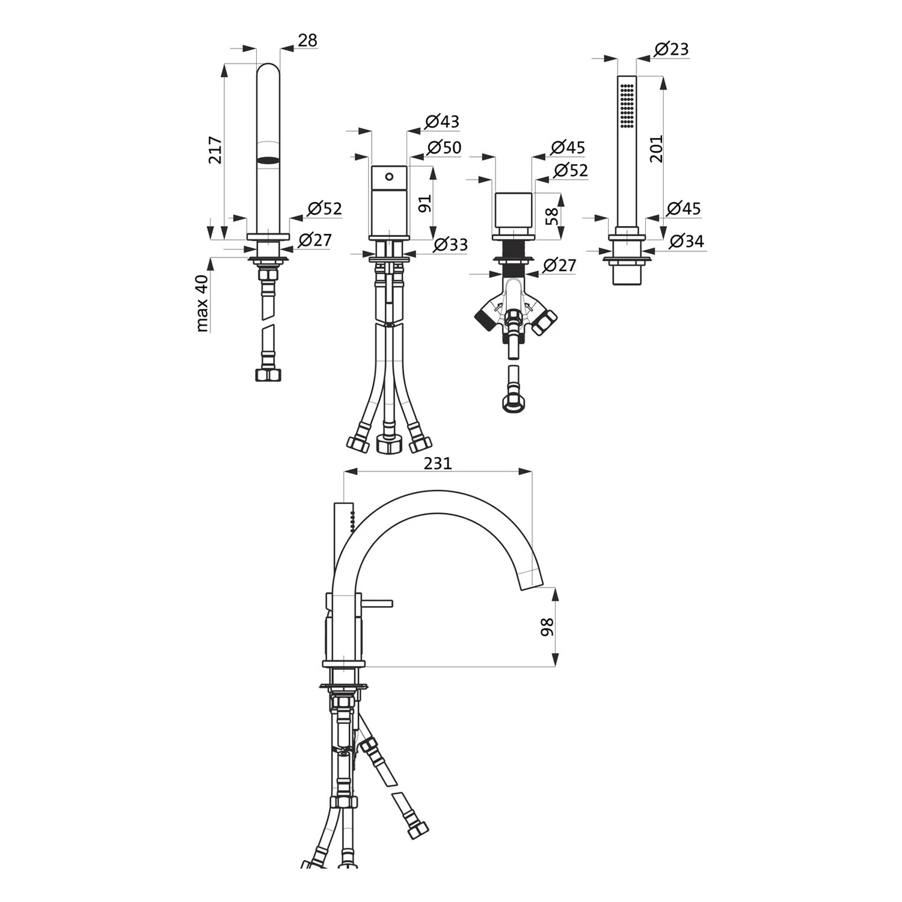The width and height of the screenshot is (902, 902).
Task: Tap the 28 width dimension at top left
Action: pos(307,40)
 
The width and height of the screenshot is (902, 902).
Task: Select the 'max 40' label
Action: pos(203,303)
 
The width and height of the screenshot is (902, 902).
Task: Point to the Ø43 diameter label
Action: pos(442,121)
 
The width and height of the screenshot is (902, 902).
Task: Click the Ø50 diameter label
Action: pos(444,147)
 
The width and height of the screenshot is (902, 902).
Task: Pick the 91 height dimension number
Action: pos(425,203)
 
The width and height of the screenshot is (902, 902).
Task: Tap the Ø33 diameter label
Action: pos(450,245)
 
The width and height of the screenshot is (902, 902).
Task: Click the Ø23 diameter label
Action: pos(670,49)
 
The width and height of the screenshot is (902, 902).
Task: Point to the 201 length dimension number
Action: pos(657,149)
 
